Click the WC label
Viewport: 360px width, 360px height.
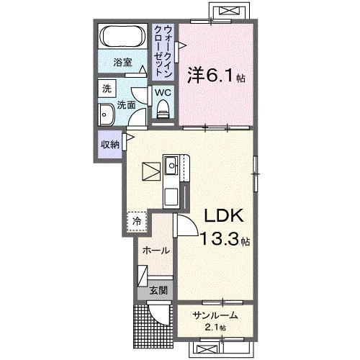pyautogui.click(x=162, y=93)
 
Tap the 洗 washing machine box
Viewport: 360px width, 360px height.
pyautogui.click(x=107, y=89)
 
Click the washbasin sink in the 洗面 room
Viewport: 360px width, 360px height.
pyautogui.click(x=107, y=114)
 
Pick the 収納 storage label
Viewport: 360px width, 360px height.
pyautogui.click(x=110, y=143)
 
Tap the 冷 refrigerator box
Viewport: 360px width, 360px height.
pyautogui.click(x=135, y=221)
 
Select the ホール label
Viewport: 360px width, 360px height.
pyautogui.click(x=157, y=251)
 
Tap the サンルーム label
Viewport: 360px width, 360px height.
pyautogui.click(x=214, y=315)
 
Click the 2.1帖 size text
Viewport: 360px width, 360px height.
pyautogui.click(x=213, y=328)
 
